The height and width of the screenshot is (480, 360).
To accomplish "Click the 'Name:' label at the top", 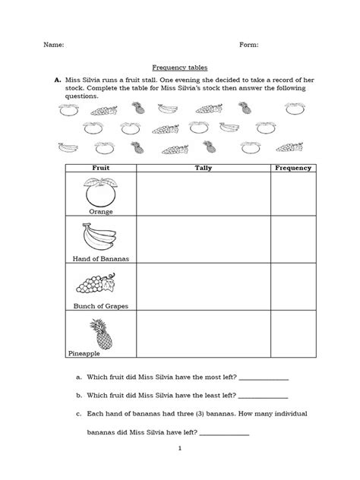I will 55,45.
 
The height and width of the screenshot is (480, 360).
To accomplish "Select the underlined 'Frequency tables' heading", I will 180,67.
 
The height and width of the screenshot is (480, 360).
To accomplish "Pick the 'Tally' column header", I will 203,167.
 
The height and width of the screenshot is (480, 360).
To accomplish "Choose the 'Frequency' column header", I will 292,167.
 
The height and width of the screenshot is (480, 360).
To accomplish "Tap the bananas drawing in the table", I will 100,236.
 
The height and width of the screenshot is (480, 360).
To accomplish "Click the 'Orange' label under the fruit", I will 101,211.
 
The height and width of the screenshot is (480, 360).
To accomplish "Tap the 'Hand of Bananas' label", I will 102,259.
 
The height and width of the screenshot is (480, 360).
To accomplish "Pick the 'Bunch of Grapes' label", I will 101,306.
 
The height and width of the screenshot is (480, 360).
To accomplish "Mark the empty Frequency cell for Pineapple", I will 292,334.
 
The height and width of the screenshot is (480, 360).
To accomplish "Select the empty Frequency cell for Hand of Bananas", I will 292,240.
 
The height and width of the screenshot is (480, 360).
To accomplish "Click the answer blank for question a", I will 264,377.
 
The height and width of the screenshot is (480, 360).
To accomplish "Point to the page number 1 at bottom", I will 180,448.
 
